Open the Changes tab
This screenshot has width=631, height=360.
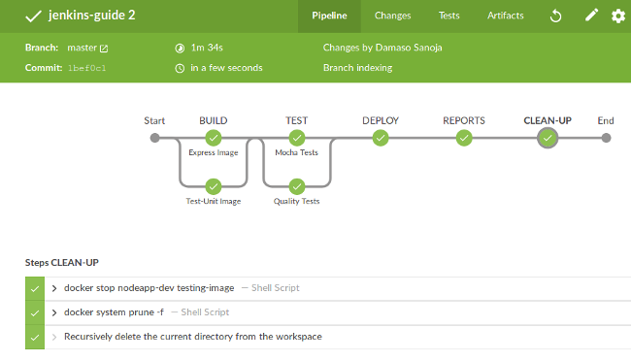[392, 16]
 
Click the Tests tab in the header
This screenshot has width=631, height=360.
[448, 16]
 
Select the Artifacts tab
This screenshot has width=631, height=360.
[506, 16]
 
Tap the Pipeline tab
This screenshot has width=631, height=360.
[329, 16]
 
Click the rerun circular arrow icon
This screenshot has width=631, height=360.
[555, 16]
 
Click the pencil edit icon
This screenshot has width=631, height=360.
[591, 16]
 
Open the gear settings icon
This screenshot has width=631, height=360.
[618, 16]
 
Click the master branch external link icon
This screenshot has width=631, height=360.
[104, 49]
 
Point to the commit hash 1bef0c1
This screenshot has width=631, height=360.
[87, 68]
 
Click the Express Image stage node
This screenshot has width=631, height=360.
[214, 138]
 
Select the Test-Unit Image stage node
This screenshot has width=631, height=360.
[214, 186]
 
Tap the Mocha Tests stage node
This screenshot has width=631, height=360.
[297, 138]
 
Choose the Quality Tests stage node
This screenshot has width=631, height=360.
[297, 186]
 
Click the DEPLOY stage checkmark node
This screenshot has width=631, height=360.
[381, 138]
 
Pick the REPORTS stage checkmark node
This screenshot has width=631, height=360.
[464, 138]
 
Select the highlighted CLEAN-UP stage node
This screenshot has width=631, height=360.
[548, 138]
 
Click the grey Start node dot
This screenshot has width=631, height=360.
[154, 138]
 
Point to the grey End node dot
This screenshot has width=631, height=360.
[606, 138]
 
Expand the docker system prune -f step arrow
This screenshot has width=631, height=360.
[54, 312]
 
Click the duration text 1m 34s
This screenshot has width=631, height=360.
[207, 48]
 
